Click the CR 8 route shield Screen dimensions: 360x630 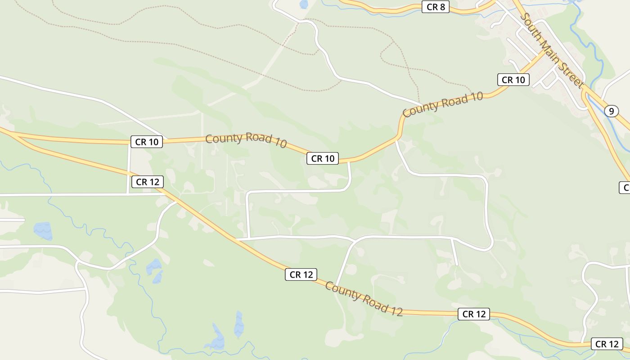pos(435,7)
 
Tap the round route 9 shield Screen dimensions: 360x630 pos(611,111)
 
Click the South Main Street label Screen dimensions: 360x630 pos(552,50)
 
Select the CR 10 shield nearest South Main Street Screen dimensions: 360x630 pos(513,80)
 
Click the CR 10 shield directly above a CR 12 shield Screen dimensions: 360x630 pos(147,142)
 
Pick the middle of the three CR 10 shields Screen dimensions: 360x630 pos(322,158)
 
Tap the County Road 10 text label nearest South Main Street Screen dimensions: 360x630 pos(443,104)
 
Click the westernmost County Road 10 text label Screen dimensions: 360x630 pos(246,140)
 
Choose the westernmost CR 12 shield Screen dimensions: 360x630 pos(147,182)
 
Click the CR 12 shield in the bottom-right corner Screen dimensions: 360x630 pos(607,344)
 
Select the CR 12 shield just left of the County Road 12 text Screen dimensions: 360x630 pos(301,274)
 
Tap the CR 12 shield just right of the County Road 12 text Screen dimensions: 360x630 pos(473,314)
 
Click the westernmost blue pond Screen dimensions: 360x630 pos(43,230)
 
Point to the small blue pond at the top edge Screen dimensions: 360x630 pos(304,4)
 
